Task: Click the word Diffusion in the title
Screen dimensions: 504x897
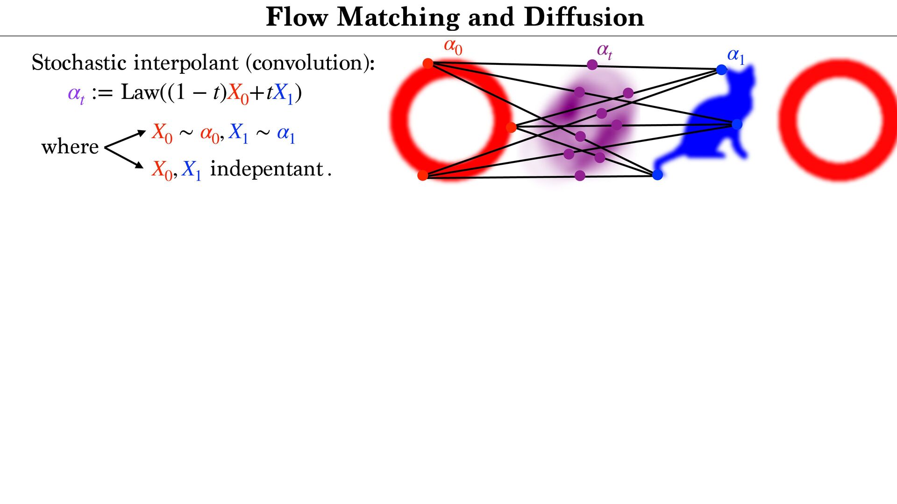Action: click(x=584, y=18)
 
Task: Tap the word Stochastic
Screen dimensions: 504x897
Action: click(x=79, y=63)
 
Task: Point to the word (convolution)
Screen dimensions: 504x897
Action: click(x=313, y=63)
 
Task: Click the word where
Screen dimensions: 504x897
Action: click(x=70, y=147)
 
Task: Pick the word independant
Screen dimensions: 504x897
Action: click(x=267, y=169)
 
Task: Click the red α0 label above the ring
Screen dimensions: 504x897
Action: click(x=453, y=47)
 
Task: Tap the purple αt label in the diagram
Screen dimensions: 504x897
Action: click(x=604, y=50)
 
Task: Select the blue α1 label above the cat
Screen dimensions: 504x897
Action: click(x=735, y=56)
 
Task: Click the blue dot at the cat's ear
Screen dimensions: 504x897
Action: click(x=721, y=70)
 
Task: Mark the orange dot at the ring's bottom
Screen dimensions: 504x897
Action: click(x=422, y=175)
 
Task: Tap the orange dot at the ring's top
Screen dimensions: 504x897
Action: click(x=427, y=63)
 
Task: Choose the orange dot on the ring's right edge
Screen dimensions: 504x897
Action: click(x=511, y=127)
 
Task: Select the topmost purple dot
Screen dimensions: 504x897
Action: click(x=592, y=65)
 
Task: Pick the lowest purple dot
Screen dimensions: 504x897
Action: click(x=580, y=175)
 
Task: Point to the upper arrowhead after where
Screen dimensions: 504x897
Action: click(x=141, y=133)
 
